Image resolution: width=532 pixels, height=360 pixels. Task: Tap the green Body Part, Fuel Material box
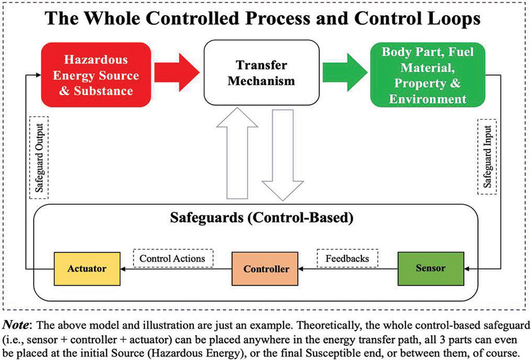(427, 76)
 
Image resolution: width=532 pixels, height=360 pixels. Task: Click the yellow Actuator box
(87, 268)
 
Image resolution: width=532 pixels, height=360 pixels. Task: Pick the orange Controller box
(266, 269)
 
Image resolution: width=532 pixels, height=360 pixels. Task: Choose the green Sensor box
(431, 268)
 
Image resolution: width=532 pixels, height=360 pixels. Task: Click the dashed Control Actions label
(172, 258)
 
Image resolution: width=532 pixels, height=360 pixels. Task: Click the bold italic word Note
(19, 325)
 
